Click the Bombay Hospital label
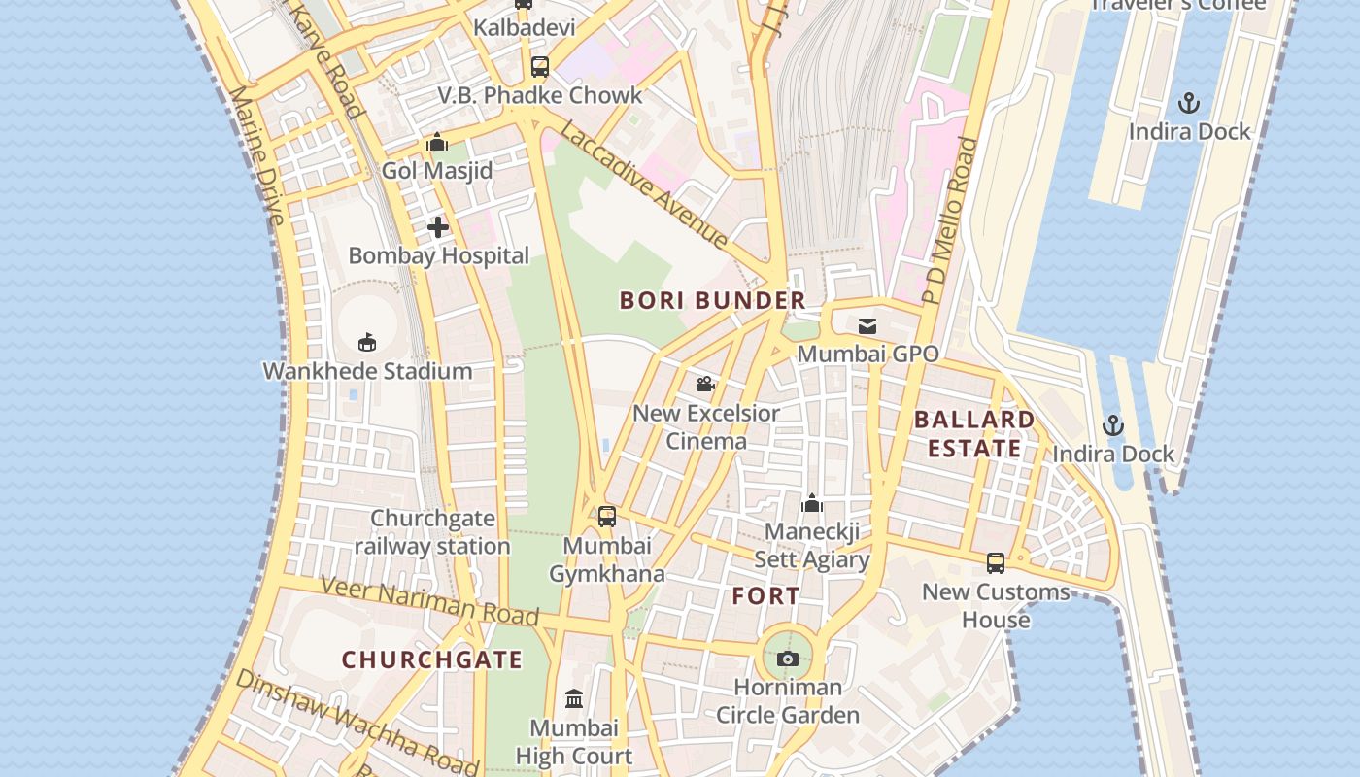click(438, 256)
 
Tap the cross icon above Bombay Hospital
click(438, 227)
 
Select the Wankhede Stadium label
click(367, 371)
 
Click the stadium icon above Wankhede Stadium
click(367, 342)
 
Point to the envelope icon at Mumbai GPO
click(867, 326)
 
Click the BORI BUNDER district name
click(713, 301)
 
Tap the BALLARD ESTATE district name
click(974, 434)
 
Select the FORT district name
click(766, 596)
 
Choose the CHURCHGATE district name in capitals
click(432, 660)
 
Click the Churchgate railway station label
click(432, 532)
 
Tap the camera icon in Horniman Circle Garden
click(788, 659)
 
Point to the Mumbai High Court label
click(573, 742)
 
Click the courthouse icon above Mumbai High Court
click(574, 699)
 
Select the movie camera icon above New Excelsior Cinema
click(706, 385)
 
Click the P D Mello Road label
click(950, 221)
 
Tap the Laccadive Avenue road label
click(644, 186)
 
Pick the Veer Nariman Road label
click(429, 600)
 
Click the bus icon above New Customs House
click(996, 563)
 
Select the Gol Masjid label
click(437, 171)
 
